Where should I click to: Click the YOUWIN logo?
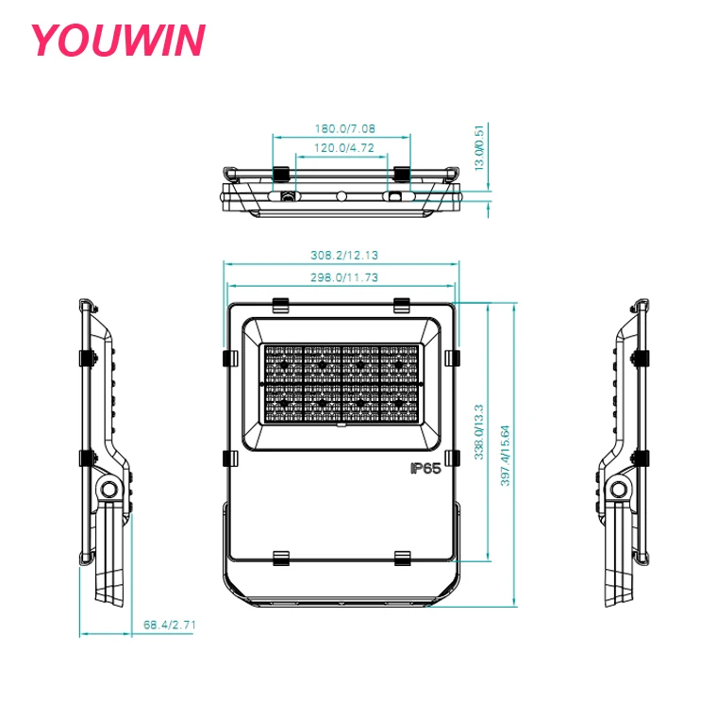[117, 41]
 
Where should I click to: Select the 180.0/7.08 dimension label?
[344, 128]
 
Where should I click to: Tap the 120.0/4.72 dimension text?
[344, 148]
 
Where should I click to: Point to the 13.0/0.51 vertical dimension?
[479, 147]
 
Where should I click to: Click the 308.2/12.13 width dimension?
[344, 256]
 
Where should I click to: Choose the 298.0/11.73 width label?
[344, 277]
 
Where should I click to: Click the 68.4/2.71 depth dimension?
[170, 625]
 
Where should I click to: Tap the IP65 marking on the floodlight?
[425, 469]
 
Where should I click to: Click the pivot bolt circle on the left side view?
[109, 489]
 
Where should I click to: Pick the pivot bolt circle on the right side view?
[619, 489]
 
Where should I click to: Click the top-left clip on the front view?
[280, 305]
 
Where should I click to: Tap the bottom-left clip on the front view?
[280, 558]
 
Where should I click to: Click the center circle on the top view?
[342, 197]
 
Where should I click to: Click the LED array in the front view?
[342, 382]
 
